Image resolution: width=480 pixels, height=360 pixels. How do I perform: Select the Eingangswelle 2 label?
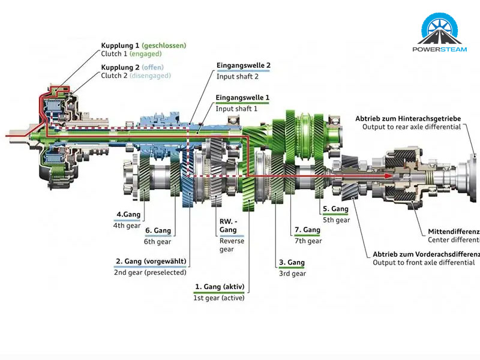point(243,65)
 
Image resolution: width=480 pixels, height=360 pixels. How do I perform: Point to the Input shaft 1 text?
point(236,109)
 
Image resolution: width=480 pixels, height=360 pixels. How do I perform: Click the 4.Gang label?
point(128,214)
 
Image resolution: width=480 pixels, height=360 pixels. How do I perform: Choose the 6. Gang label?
point(158,230)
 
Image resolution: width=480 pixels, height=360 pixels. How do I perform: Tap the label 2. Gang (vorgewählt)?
point(150,262)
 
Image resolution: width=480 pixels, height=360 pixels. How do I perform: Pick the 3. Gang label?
point(292,263)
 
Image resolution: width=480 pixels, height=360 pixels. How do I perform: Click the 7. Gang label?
point(307,230)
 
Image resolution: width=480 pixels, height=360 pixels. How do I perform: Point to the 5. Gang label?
point(335,209)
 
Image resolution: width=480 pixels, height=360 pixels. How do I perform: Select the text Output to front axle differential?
point(424,263)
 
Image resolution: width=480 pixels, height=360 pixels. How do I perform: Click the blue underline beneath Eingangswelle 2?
point(243,70)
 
